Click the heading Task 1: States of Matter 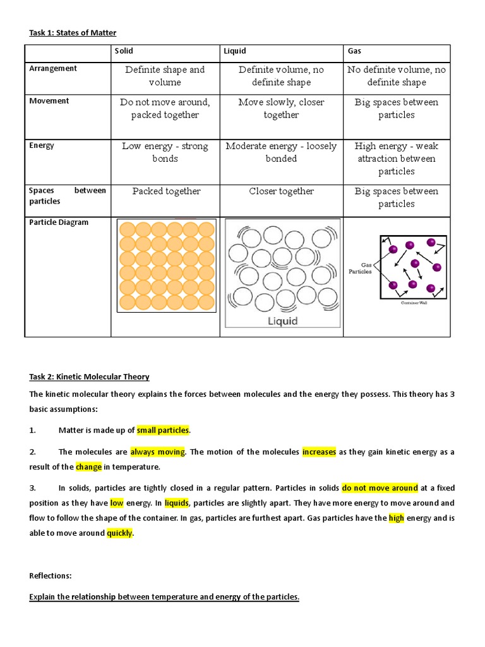(73, 33)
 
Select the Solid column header (123, 51)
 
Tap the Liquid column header (234, 51)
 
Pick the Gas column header (354, 51)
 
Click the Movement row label (49, 101)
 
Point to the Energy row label (42, 145)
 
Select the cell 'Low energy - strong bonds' (165, 152)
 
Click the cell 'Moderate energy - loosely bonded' (281, 152)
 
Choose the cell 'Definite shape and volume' (165, 76)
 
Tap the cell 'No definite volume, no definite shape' (397, 76)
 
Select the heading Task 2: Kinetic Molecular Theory (90, 377)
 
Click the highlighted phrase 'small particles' (163, 430)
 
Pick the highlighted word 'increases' (319, 452)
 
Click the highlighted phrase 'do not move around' (380, 488)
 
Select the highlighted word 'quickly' (119, 533)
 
